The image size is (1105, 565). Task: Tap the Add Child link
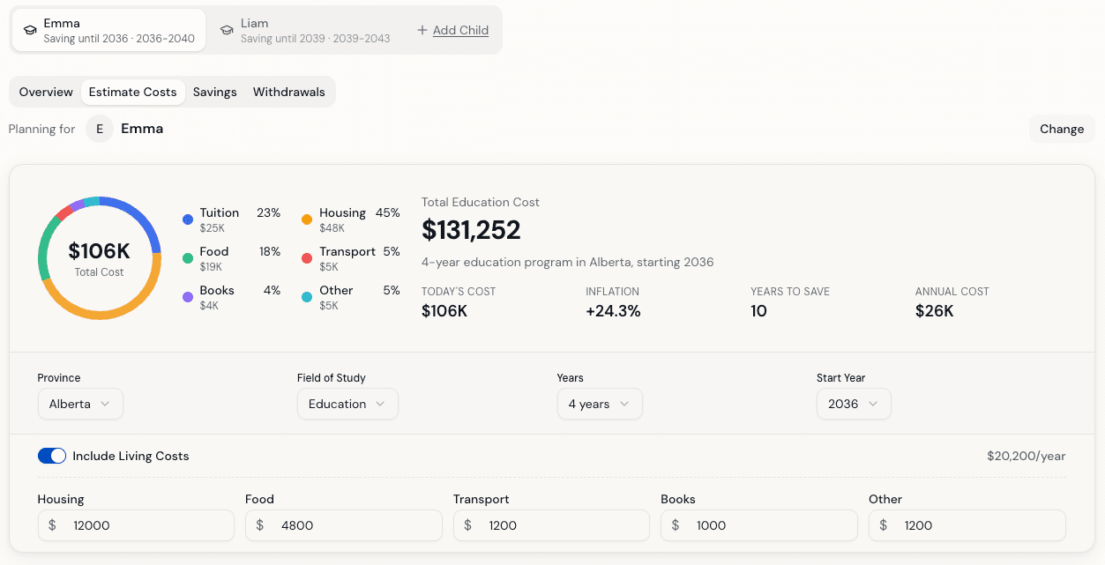[x=453, y=30]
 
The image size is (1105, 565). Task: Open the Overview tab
[x=46, y=92]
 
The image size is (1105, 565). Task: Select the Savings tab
[x=214, y=92]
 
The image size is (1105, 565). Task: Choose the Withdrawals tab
[x=288, y=92]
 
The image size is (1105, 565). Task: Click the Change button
[x=1061, y=129]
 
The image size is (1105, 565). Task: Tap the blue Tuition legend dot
[x=188, y=219]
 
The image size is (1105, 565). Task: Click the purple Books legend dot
[x=188, y=297]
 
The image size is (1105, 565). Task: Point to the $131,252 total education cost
[x=471, y=230]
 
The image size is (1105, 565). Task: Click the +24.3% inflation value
[x=613, y=311]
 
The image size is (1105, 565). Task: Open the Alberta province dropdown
[x=80, y=404]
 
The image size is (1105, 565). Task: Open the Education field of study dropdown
[x=347, y=404]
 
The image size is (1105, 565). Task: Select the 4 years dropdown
[x=600, y=404]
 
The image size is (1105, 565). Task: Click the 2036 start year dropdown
[x=854, y=404]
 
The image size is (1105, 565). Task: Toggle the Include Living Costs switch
[x=52, y=456]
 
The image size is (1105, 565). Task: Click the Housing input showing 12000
[x=136, y=525]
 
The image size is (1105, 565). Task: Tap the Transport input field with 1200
[x=551, y=525]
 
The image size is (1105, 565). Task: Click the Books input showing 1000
[x=758, y=525]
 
